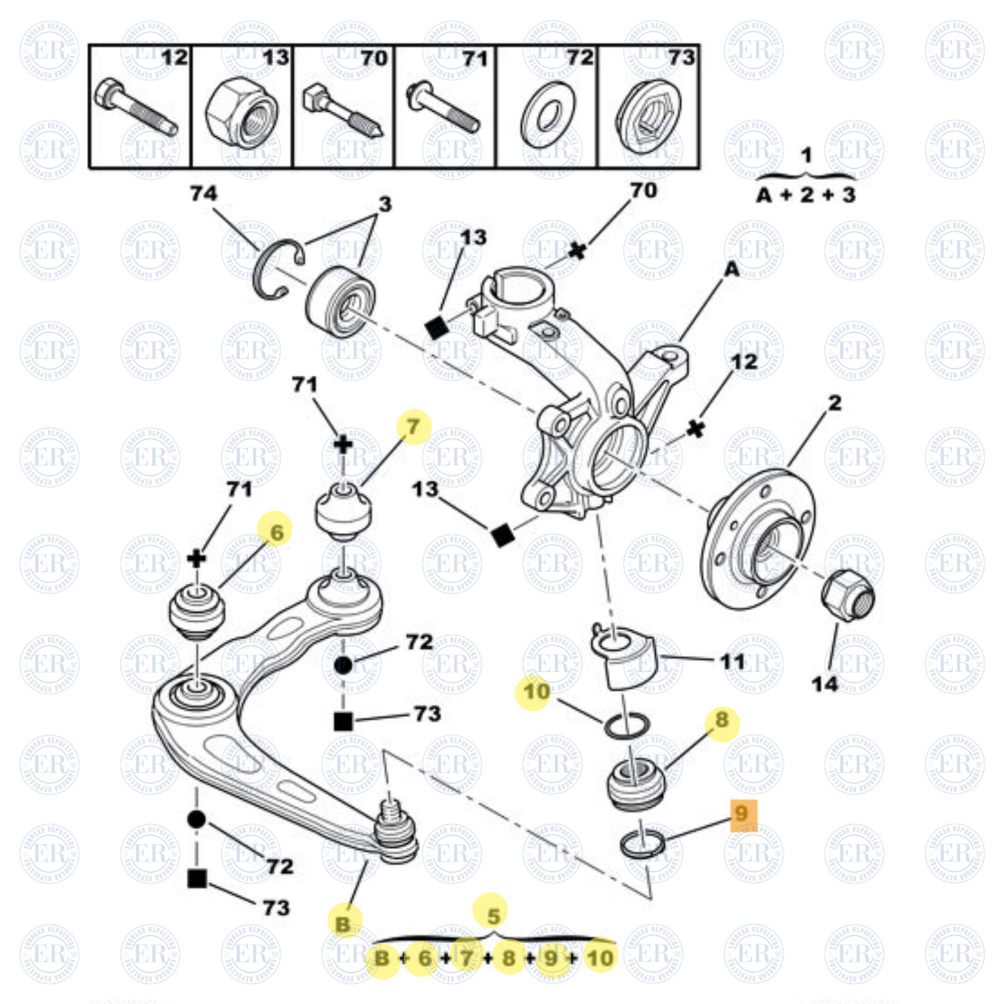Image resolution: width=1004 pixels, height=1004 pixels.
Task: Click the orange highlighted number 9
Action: click(743, 814)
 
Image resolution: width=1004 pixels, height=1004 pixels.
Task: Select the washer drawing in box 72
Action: click(548, 115)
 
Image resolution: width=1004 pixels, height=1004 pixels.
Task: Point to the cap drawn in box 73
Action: click(648, 115)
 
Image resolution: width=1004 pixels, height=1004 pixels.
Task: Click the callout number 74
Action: click(203, 193)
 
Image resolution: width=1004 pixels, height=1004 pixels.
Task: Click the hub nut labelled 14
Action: click(847, 595)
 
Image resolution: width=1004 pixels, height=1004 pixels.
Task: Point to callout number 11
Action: click(732, 661)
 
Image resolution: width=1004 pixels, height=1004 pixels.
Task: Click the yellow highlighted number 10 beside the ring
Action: click(536, 692)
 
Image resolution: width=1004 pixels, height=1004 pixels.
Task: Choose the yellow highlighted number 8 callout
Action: click(722, 720)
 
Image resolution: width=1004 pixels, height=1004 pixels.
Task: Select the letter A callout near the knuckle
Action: click(732, 269)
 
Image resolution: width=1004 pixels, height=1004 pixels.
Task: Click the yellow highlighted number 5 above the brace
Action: click(493, 916)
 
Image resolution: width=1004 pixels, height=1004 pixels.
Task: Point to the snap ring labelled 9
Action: click(642, 843)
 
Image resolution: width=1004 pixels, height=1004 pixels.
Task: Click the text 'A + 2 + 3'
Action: click(806, 195)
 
